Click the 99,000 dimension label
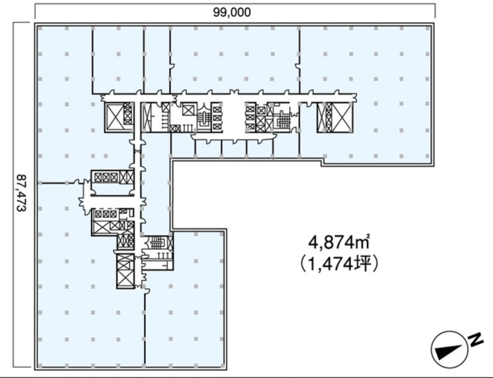[232, 12]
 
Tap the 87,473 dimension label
[21, 193]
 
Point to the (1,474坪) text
[338, 264]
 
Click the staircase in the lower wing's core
[156, 243]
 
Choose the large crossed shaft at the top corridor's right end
[342, 117]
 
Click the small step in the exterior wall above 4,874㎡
[322, 162]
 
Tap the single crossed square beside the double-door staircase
[188, 111]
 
